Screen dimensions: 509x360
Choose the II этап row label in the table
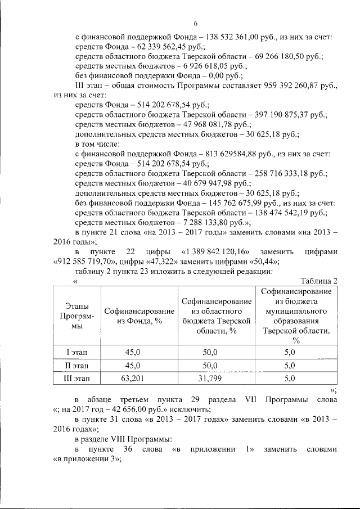[76, 365]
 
